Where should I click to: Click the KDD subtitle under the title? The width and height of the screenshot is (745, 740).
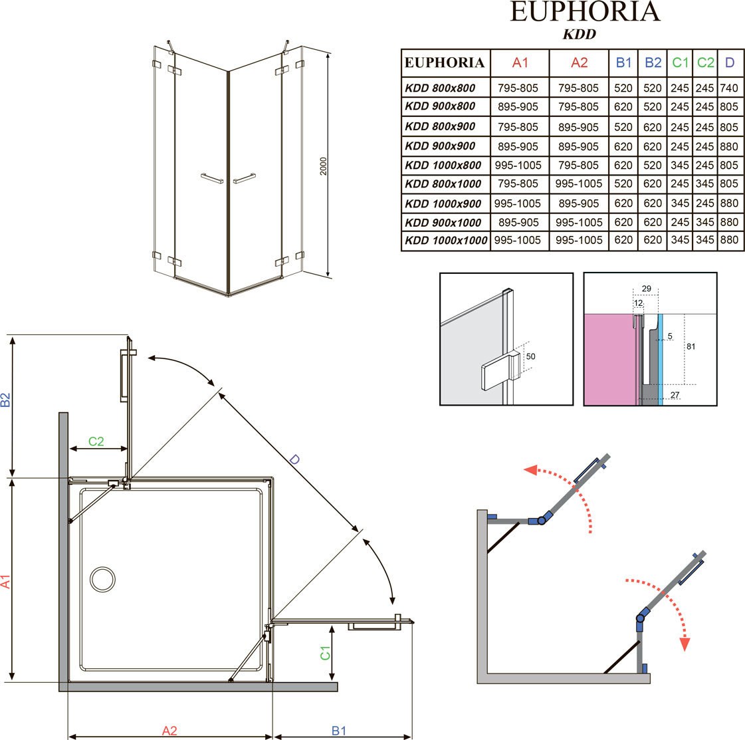(x=579, y=34)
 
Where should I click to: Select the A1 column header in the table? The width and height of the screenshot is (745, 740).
(x=520, y=62)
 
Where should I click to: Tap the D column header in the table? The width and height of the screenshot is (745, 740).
(x=730, y=62)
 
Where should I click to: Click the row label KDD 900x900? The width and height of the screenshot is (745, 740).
(x=440, y=146)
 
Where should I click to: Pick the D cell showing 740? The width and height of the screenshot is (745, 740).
(x=729, y=88)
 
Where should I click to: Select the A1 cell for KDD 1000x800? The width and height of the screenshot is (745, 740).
(x=518, y=166)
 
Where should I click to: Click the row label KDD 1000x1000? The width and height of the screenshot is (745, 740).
(x=446, y=241)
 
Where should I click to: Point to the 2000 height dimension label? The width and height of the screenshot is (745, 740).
(x=324, y=166)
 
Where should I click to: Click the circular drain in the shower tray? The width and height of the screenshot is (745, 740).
(x=102, y=579)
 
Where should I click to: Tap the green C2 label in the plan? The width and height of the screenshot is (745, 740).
(x=96, y=441)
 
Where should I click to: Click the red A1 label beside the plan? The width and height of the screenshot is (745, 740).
(x=5, y=582)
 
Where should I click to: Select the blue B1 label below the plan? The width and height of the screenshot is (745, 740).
(x=339, y=731)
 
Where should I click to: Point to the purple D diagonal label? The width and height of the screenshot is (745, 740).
(x=294, y=459)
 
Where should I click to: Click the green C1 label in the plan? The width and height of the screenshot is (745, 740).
(x=325, y=653)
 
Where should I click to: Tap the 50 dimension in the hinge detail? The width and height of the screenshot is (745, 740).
(x=531, y=356)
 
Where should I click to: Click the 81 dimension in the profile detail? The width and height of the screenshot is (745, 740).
(x=691, y=346)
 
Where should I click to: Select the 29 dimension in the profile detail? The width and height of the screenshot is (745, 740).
(x=647, y=289)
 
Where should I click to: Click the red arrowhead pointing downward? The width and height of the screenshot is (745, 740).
(x=685, y=644)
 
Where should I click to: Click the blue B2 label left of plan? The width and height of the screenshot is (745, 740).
(x=5, y=400)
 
